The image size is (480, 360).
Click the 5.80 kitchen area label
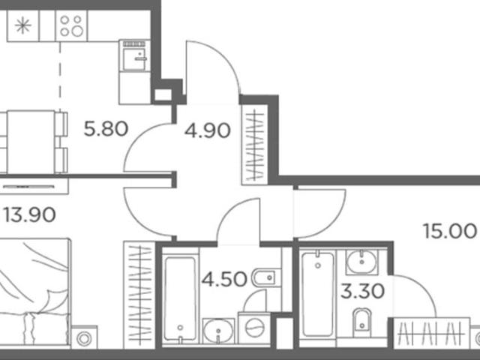coord(106,129)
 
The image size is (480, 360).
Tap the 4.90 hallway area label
coord(207,130)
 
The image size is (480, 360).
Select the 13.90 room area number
coord(30,214)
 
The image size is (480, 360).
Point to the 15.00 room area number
coord(450,231)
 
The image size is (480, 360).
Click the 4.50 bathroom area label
coord(224,279)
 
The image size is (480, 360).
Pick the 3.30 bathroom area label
coord(363,291)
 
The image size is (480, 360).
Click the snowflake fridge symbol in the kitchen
coord(23,25)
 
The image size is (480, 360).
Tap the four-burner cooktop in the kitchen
coord(71,25)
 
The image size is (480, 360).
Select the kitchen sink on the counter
coord(134,56)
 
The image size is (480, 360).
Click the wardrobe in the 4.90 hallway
coord(255,145)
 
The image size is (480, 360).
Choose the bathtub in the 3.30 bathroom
coord(317,295)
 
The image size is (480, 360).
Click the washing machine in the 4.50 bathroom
coord(254,328)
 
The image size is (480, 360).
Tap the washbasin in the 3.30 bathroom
coord(362,262)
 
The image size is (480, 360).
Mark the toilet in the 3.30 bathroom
coord(361,323)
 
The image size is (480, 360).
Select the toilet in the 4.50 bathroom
coord(266,278)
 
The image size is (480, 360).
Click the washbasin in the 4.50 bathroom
coord(218,331)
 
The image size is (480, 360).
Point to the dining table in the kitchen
coord(31,142)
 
